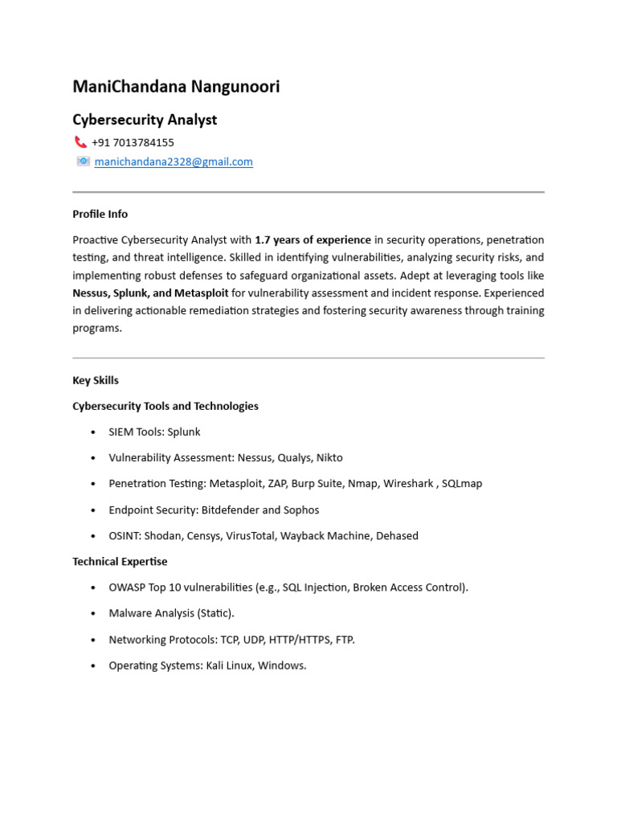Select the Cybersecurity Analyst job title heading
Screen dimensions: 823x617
[145, 120]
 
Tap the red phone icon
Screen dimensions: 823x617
[80, 142]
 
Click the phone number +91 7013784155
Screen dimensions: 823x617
[133, 142]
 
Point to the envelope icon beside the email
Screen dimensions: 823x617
[83, 162]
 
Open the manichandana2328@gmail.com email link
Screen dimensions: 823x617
[174, 162]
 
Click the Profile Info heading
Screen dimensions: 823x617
[100, 214]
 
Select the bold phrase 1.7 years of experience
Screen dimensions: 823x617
[313, 240]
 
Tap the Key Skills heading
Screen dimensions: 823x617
[96, 380]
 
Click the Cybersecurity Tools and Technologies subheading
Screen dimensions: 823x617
[165, 406]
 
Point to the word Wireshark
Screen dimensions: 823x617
[408, 484]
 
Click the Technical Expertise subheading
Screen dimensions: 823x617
[120, 561]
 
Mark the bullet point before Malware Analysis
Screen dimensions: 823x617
[93, 614]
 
